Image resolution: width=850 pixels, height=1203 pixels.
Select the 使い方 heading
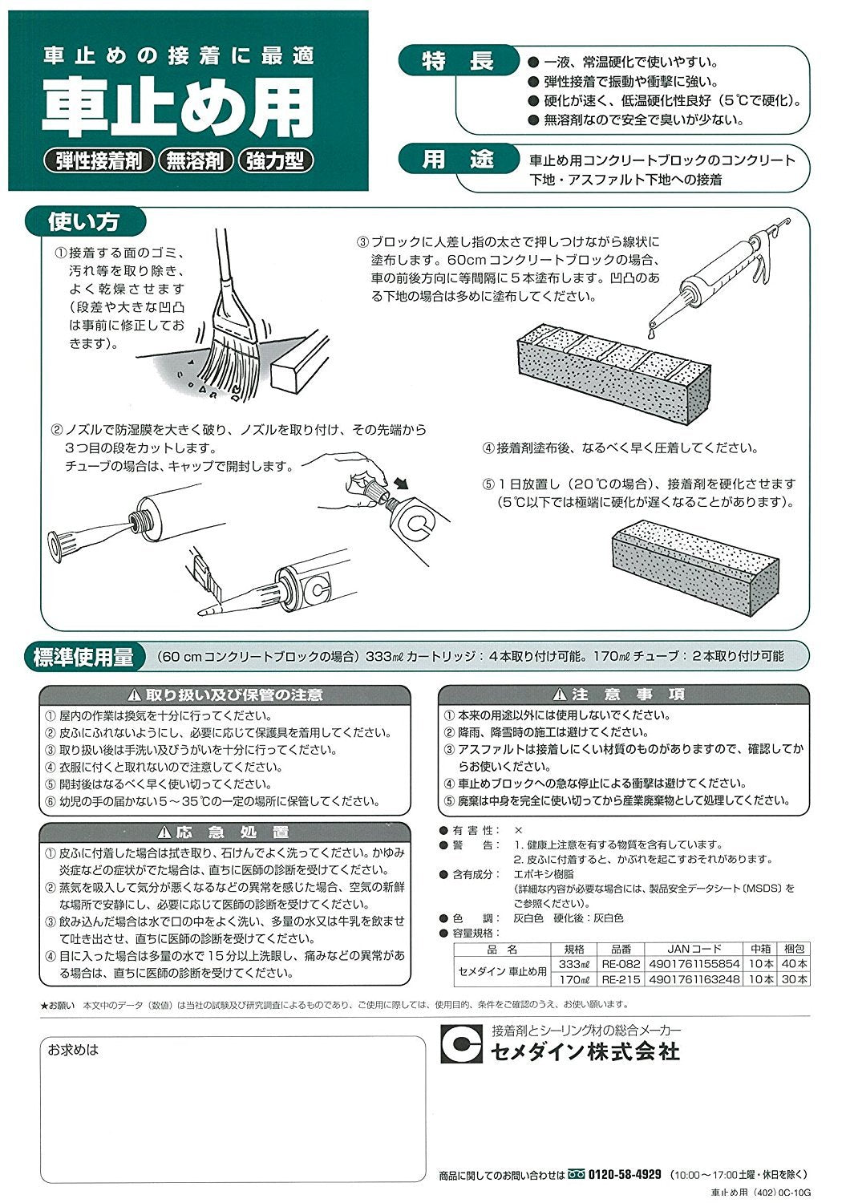point(83,221)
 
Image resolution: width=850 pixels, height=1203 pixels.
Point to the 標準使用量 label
point(83,657)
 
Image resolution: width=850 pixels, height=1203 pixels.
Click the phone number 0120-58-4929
point(625,1175)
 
